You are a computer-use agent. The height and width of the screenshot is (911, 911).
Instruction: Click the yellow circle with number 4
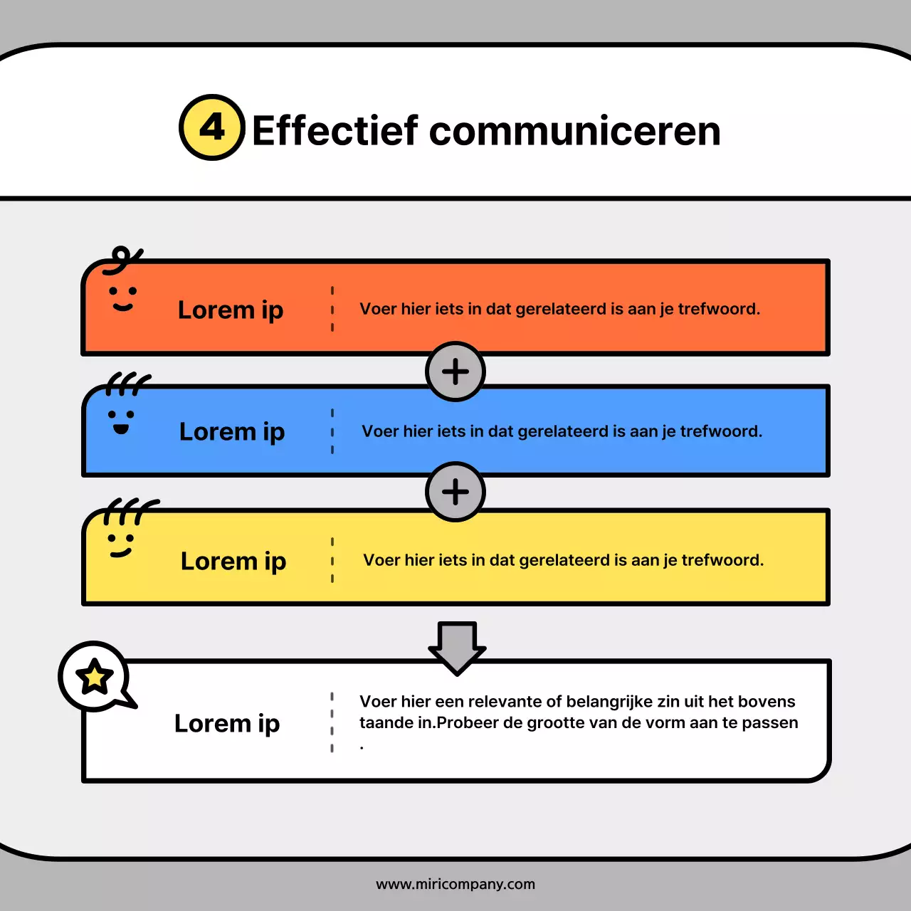click(212, 128)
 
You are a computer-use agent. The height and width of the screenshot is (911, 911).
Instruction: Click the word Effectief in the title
click(335, 131)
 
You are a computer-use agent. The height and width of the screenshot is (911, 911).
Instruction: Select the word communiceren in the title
click(575, 131)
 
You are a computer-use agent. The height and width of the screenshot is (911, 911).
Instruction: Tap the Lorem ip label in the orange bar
click(231, 310)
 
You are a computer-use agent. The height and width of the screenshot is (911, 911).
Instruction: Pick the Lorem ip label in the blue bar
click(232, 432)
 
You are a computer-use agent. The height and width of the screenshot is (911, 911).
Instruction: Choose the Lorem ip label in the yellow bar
click(233, 562)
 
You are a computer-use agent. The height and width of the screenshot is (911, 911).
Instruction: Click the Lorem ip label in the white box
click(227, 724)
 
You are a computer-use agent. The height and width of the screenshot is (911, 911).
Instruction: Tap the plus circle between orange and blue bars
click(455, 372)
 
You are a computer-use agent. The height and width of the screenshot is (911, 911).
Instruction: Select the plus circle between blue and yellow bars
click(455, 492)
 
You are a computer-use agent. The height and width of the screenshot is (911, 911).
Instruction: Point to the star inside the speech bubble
click(95, 677)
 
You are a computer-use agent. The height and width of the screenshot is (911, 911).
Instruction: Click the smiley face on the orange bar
click(122, 298)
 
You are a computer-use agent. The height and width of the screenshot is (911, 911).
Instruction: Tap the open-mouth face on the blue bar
click(121, 421)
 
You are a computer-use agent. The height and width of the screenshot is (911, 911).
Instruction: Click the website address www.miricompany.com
click(455, 884)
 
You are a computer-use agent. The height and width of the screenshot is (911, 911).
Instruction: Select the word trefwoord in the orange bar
click(719, 309)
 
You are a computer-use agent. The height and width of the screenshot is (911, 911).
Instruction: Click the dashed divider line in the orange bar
click(332, 309)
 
